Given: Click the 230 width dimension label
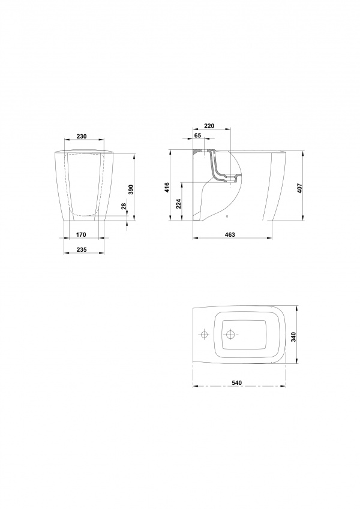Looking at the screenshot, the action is click(81, 137).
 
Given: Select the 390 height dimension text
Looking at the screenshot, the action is click(131, 189).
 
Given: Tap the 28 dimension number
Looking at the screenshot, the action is click(124, 206).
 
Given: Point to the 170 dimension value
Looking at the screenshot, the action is click(81, 234).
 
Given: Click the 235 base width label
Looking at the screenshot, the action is click(81, 249).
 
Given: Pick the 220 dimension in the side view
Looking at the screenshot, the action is click(209, 126).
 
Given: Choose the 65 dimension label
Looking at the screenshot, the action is click(198, 135).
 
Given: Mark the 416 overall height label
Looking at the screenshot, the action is click(167, 188).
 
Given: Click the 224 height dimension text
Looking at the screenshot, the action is click(178, 203).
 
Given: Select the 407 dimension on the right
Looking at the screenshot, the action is click(299, 189).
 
